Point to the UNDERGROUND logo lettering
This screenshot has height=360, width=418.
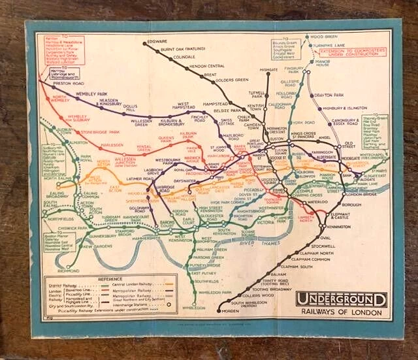click(x=341, y=300)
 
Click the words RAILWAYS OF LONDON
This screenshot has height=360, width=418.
click(x=342, y=312)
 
